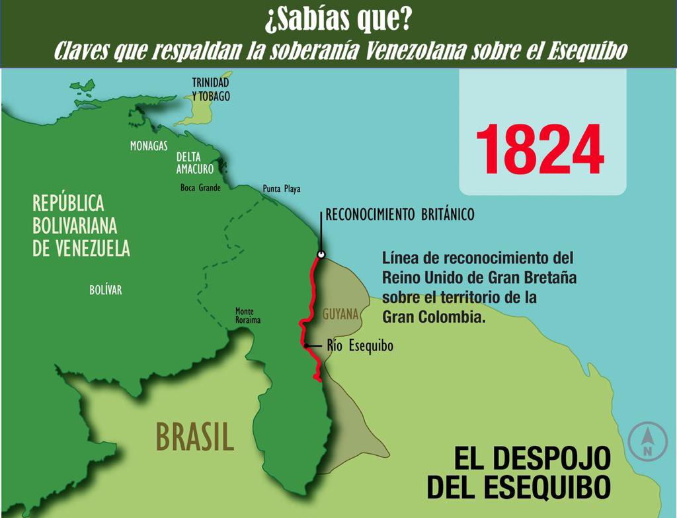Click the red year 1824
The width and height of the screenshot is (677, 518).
(539, 150)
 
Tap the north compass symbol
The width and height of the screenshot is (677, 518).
(647, 440)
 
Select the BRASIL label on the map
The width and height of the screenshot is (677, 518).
(195, 437)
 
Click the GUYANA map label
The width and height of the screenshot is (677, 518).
(340, 314)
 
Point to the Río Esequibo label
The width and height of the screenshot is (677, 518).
(360, 346)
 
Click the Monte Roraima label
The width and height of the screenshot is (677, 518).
(248, 316)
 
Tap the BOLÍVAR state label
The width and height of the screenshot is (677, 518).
(106, 290)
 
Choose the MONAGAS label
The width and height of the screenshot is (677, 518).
(149, 146)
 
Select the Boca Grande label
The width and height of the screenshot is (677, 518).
(200, 187)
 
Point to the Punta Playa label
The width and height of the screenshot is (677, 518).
(281, 189)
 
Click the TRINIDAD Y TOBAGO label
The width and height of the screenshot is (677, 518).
(211, 89)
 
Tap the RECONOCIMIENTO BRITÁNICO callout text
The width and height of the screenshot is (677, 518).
(400, 215)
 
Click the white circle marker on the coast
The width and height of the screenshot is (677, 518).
(321, 254)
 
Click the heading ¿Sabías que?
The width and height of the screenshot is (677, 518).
(338, 20)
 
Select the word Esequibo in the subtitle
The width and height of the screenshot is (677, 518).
(586, 51)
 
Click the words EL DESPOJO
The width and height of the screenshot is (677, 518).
(532, 458)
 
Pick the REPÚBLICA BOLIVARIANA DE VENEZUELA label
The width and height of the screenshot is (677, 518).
(81, 226)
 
